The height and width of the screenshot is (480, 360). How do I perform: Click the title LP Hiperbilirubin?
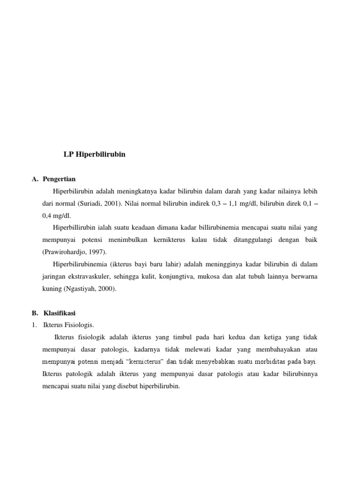coord(94,154)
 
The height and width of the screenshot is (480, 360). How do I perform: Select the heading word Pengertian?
coord(59,179)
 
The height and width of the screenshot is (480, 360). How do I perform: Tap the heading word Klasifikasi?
coord(60,313)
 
